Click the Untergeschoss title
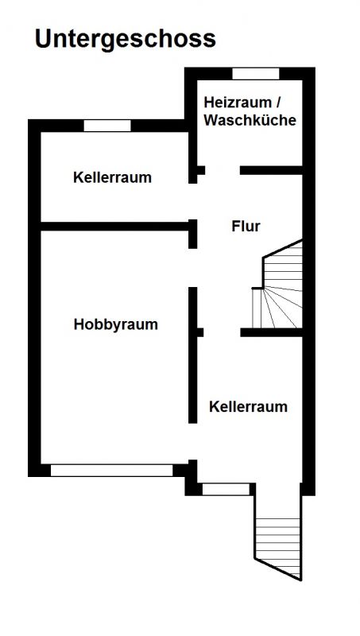tap(126, 40)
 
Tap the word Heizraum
tap(237, 103)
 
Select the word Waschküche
tap(250, 120)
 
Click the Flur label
tap(246, 227)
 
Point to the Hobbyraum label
tap(115, 324)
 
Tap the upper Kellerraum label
tap(112, 177)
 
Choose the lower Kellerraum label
tap(248, 406)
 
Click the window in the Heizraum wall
tap(255, 74)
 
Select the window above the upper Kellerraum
tap(107, 126)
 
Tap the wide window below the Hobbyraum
tap(111, 471)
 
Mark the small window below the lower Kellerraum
tap(226, 489)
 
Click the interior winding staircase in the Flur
tap(277, 284)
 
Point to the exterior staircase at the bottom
tap(278, 549)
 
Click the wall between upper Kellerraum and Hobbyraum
tap(114, 227)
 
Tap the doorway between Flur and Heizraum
tap(223, 170)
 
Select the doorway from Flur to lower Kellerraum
tap(222, 332)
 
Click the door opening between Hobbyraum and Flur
tap(193, 268)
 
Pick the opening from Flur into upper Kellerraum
tap(193, 202)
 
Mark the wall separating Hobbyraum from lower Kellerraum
tap(193, 355)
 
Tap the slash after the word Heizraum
tap(277, 103)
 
